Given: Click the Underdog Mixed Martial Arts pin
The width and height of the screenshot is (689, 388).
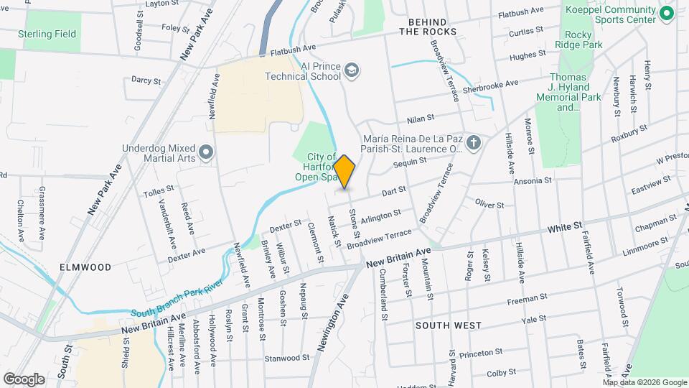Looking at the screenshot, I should point(207,151).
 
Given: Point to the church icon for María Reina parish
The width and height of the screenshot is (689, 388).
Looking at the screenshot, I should point(472,142).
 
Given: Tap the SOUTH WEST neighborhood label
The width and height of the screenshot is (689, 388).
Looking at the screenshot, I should point(449,325).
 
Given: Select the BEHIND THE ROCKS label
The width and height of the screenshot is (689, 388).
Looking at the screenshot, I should point(432,27).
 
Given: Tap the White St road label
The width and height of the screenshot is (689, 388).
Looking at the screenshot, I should point(564,228).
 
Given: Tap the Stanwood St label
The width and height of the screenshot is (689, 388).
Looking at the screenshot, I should point(286,357).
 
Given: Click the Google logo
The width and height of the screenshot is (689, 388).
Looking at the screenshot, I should point(24,379).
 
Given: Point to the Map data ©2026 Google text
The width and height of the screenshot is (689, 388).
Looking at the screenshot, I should point(645,382).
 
